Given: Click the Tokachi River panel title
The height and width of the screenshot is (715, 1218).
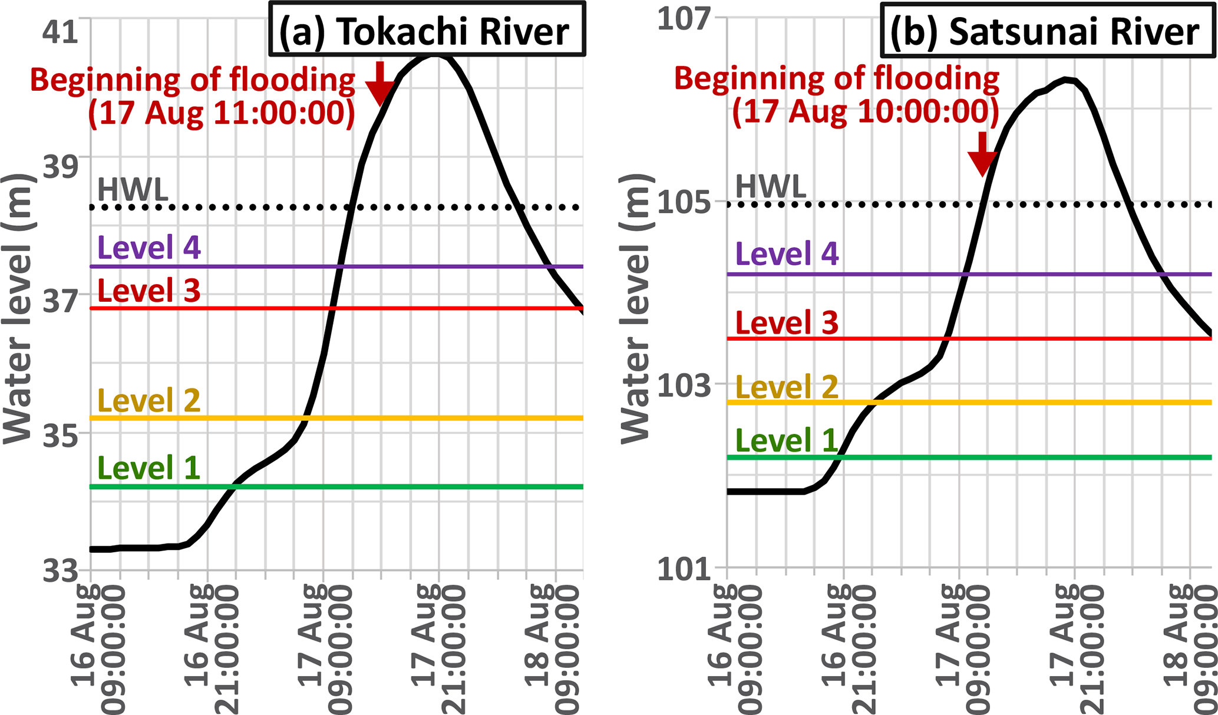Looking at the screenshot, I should tap(427, 31).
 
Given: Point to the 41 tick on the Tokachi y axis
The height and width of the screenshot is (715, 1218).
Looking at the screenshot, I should tap(60, 31).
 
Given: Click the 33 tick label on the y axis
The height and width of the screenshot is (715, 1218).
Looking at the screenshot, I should tap(60, 570).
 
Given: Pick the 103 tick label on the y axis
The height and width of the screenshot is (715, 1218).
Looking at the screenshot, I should tap(684, 386).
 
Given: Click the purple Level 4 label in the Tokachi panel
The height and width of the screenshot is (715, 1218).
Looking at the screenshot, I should tap(149, 248).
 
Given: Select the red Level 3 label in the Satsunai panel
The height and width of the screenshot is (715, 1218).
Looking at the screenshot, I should tap(787, 323).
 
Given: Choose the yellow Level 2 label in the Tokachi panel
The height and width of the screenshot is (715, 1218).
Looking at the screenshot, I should tap(149, 401).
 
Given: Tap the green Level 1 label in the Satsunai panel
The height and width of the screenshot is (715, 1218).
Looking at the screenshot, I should tap(787, 441).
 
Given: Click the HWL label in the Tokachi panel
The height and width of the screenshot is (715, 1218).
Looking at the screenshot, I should tap(133, 190).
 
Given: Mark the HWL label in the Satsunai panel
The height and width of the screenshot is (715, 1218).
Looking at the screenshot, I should tap(771, 187).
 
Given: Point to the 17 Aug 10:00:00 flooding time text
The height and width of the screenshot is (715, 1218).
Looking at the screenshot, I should tap(865, 111).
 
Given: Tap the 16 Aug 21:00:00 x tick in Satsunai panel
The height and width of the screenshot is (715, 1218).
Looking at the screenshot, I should tap(844, 648).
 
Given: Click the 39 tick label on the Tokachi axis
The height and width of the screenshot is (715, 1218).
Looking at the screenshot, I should tap(60, 167).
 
